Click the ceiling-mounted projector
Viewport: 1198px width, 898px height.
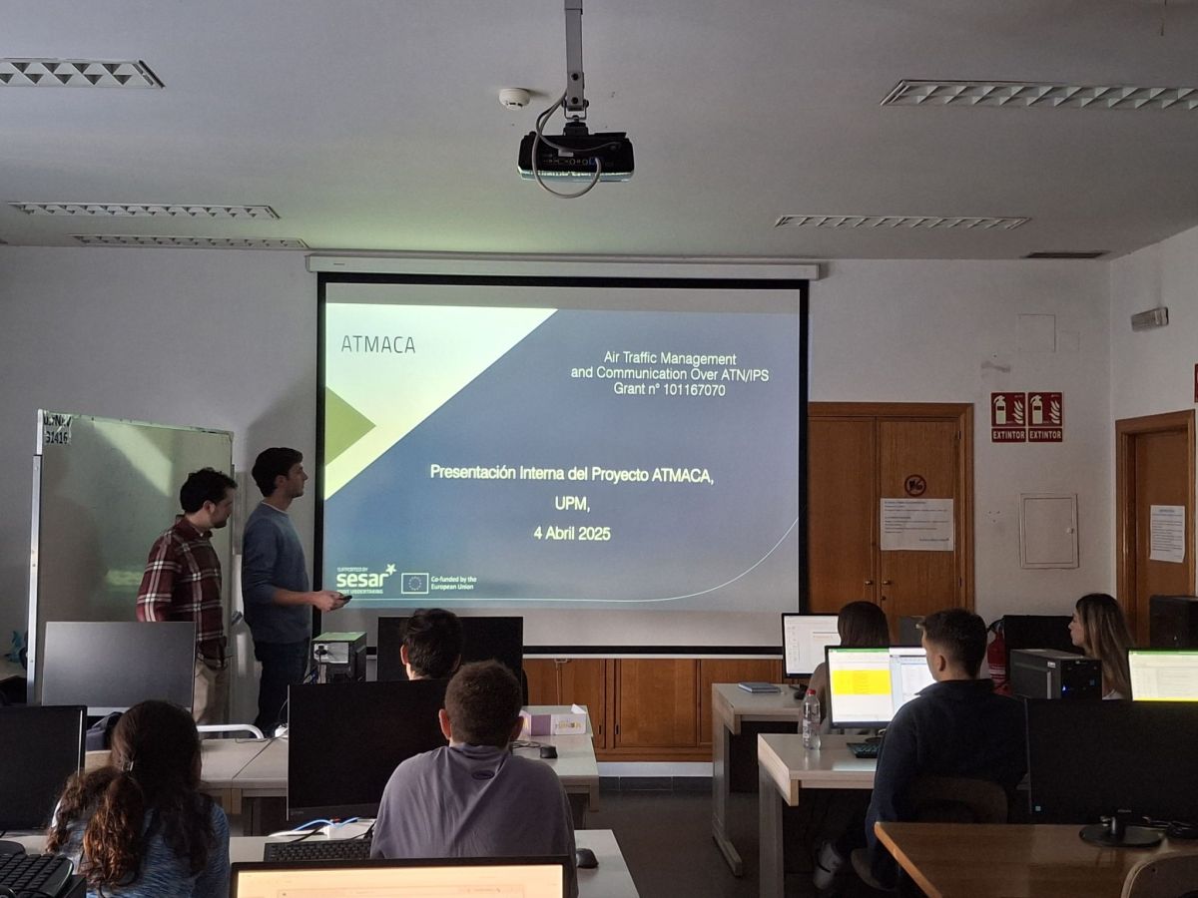pos(576,156)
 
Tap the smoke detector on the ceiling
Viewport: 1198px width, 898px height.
pos(514,98)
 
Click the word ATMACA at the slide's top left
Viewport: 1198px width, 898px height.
pos(377,344)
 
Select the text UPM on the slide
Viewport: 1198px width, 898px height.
pos(572,504)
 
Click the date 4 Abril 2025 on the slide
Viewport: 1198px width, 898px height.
pos(571,534)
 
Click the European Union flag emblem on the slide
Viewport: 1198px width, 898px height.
pos(415,583)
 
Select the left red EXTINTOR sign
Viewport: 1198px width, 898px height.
pos(1007,416)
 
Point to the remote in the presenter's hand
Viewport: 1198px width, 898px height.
pos(342,597)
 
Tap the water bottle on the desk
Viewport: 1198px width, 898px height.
pos(811,719)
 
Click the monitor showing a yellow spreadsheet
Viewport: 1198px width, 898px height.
pos(860,684)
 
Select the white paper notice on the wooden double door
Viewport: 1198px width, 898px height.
pos(916,525)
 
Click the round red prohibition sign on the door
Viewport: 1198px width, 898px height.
pos(914,485)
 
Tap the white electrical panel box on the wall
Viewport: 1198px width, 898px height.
pos(1048,531)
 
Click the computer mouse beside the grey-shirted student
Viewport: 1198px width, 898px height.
pos(586,857)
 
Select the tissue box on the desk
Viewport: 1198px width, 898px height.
pos(554,721)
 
